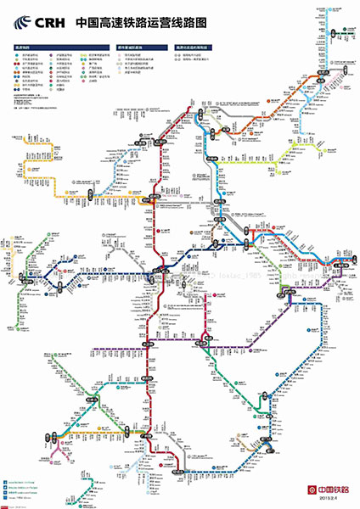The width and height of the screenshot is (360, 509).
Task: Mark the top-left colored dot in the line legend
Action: click(x=15, y=57)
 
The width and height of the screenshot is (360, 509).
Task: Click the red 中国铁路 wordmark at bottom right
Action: click(x=333, y=489)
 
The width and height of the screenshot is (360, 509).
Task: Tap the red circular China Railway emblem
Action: click(x=311, y=489)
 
